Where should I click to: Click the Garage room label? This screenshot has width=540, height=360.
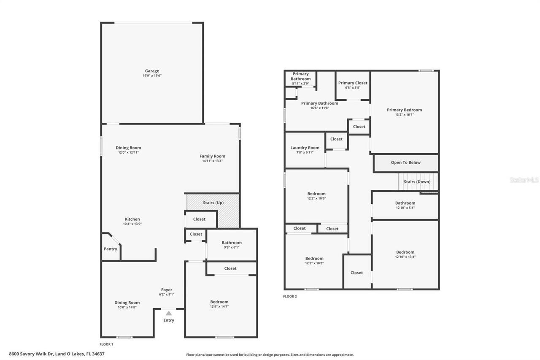152,71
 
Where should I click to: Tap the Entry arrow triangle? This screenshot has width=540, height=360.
169,313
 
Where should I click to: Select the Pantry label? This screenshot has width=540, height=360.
111,249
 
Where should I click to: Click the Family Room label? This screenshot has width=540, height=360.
212,156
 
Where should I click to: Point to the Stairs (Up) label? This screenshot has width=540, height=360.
213,203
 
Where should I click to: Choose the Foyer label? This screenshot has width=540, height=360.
167,290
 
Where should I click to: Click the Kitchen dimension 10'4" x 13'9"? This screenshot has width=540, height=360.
132,224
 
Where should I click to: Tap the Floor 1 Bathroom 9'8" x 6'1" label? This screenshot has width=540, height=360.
232,243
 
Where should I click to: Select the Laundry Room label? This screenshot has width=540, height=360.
305,148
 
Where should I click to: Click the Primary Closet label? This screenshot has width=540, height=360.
353,83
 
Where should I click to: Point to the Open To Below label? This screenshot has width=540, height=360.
405,162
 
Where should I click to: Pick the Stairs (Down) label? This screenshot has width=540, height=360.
417,182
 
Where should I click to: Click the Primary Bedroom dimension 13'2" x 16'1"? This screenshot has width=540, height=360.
404,115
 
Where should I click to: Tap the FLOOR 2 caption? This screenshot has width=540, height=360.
290,297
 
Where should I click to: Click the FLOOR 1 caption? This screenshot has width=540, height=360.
106,344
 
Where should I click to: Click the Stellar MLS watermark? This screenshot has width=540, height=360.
524,180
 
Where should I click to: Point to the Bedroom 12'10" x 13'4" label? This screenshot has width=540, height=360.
405,252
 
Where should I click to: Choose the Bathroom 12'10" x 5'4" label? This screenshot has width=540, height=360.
405,203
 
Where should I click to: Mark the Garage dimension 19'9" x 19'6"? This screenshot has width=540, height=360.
152,76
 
